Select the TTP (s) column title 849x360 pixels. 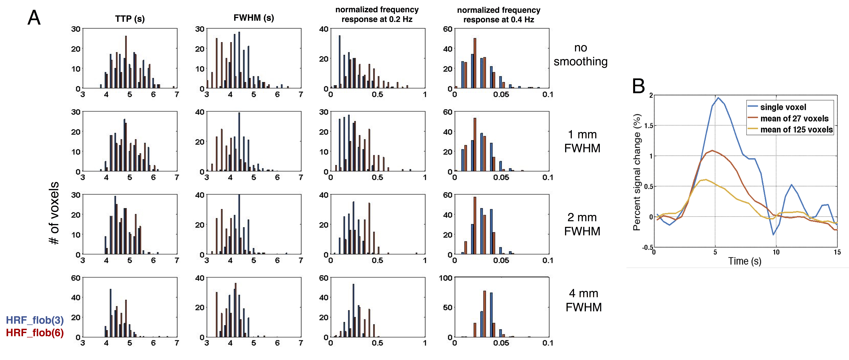click(130, 19)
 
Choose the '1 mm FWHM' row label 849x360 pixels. click(582, 141)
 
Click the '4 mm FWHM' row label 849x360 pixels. click(584, 300)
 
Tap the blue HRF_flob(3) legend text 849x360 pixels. click(35, 320)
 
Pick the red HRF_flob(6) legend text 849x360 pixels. click(35, 333)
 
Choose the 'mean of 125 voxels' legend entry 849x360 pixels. click(796, 130)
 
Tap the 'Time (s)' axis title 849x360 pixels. click(745, 261)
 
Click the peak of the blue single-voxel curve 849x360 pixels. click(718, 98)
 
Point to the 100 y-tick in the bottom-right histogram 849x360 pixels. click(446, 278)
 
